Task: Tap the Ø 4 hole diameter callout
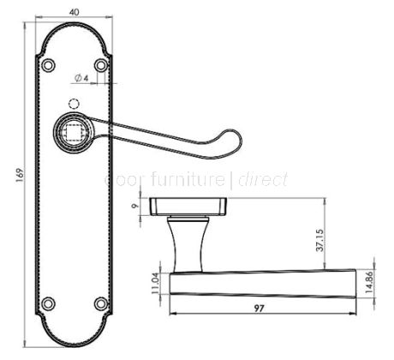click(x=81, y=79)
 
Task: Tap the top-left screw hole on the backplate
click(x=48, y=64)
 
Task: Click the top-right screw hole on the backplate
click(x=102, y=64)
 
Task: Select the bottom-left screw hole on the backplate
click(x=48, y=303)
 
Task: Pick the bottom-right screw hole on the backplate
click(x=102, y=303)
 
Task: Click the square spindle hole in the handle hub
click(x=72, y=132)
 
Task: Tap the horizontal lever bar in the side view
click(x=262, y=282)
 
